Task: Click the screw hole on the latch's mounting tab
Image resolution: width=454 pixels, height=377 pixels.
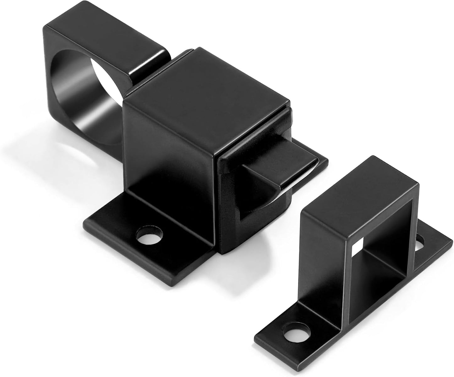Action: coord(149,235)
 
